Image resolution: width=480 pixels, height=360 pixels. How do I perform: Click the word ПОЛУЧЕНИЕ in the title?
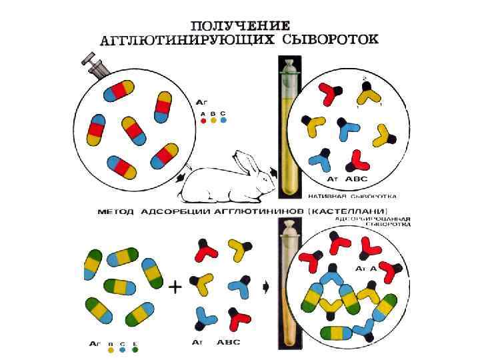[240, 25]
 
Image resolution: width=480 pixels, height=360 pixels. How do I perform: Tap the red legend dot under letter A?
[203, 121]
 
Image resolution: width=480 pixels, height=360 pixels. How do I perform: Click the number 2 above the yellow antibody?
[364, 78]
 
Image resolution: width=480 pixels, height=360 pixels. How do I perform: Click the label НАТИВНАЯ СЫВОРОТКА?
[353, 197]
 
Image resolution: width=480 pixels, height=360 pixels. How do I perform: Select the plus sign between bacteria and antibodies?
[175, 287]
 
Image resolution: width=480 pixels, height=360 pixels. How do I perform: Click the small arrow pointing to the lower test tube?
[267, 287]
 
